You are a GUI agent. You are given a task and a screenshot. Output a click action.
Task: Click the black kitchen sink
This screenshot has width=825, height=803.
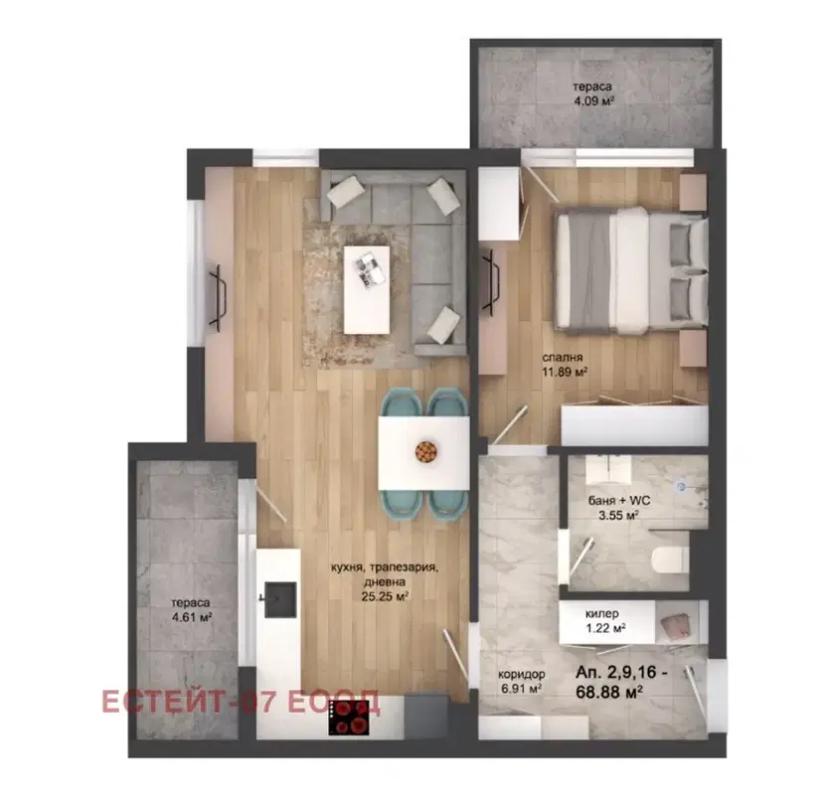tap(280, 599)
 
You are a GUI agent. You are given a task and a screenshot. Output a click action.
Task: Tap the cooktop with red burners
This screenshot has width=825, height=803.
tap(349, 718)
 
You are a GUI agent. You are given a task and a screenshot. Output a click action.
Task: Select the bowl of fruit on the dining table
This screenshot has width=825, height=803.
tap(425, 451)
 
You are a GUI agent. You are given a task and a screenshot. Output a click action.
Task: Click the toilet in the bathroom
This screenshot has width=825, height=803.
tap(670, 560)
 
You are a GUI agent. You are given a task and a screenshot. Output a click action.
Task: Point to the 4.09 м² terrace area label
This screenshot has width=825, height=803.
tap(593, 100)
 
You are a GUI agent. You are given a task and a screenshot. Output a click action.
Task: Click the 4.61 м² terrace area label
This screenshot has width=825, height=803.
tap(192, 617)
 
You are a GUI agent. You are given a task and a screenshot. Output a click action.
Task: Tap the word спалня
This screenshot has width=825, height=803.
tap(563, 358)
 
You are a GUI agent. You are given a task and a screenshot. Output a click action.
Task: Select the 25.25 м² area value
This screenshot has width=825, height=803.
tap(385, 596)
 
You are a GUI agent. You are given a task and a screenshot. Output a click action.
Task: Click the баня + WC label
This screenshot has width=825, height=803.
tap(618, 500)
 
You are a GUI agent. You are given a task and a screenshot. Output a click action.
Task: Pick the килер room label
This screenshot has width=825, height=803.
tap(602, 613)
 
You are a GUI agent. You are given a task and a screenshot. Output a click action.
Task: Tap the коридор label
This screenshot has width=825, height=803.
tap(522, 674)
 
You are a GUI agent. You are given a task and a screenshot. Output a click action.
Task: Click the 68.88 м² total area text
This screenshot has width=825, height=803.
tap(609, 692)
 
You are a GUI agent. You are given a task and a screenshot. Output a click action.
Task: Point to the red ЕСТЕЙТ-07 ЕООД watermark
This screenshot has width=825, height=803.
tap(241, 702)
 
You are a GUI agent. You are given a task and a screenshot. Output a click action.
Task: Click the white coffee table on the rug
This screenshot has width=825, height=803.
tap(367, 289)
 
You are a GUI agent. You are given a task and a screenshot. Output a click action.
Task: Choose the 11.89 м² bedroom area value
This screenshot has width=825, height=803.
tap(565, 372)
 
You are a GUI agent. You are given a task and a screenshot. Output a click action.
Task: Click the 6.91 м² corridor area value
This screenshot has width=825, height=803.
tap(522, 689)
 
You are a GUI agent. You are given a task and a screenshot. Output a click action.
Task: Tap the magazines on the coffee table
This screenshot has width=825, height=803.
tap(369, 268)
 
